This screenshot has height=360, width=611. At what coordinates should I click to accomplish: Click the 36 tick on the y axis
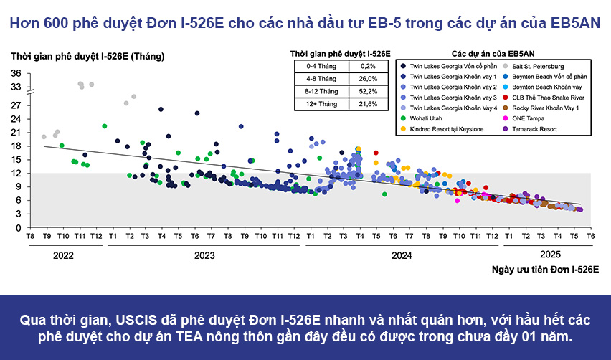(16, 73)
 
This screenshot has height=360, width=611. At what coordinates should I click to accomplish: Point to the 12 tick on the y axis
(16, 173)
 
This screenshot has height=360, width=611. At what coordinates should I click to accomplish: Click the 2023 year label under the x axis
(204, 255)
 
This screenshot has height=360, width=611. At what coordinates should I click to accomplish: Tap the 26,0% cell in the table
(368, 78)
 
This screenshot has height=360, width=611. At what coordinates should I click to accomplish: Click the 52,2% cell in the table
(368, 91)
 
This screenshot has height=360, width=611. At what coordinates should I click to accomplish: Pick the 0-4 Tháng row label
(318, 65)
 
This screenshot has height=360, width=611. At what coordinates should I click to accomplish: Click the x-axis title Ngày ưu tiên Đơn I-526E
(545, 269)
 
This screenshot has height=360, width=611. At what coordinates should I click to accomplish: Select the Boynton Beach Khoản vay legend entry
(544, 86)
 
